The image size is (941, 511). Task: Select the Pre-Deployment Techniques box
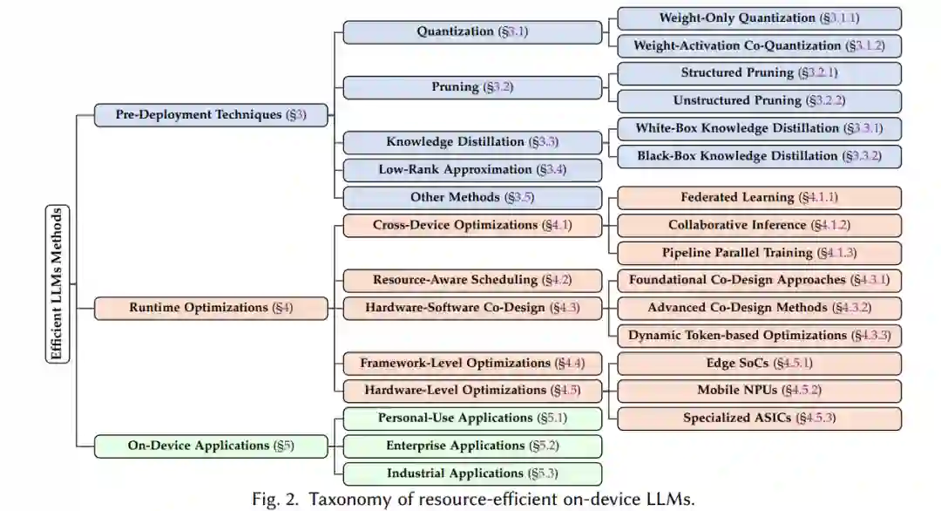[x=211, y=114]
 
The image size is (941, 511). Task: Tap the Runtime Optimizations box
[x=211, y=307]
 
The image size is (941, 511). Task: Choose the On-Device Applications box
[x=211, y=446]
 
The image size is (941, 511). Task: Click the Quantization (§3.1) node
[x=472, y=32]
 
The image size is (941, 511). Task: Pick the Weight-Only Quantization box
[x=759, y=18]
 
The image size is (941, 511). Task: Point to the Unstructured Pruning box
[x=759, y=101]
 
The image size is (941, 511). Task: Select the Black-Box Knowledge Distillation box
[x=759, y=156]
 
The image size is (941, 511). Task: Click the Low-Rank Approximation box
[x=472, y=170]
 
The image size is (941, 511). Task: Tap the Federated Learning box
[x=759, y=198]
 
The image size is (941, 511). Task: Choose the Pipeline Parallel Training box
[x=759, y=253]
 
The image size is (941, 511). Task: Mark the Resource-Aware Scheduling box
[x=472, y=280]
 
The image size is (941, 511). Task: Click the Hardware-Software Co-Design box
[x=472, y=308]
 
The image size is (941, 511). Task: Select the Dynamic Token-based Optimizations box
[x=759, y=336]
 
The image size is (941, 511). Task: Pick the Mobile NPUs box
[x=759, y=390]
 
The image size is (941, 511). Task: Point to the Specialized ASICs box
[x=759, y=418]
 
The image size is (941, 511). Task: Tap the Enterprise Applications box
[x=472, y=446]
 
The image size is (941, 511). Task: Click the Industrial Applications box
[x=472, y=474]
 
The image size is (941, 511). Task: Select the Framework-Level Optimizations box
[x=472, y=363]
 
